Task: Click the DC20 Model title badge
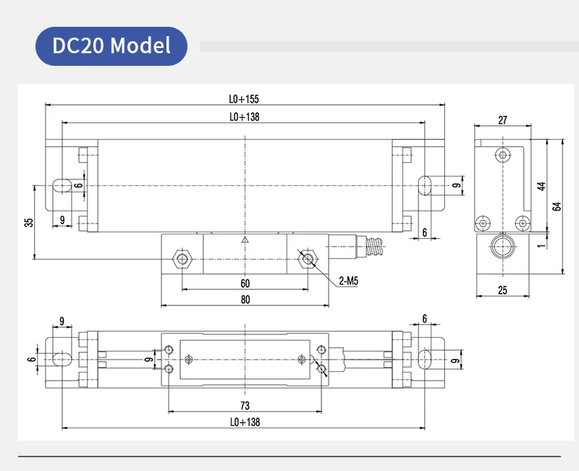pyautogui.click(x=111, y=46)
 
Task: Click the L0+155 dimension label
pyautogui.click(x=244, y=98)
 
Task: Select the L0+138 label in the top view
pyautogui.click(x=244, y=116)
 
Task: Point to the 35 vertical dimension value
pyautogui.click(x=28, y=222)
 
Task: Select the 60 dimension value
pyautogui.click(x=245, y=283)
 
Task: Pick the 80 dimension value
pyautogui.click(x=245, y=299)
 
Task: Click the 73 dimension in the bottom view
pyautogui.click(x=245, y=404)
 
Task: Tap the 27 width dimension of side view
pyautogui.click(x=503, y=120)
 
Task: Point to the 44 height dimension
pyautogui.click(x=540, y=186)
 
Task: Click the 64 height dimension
pyautogui.click(x=556, y=206)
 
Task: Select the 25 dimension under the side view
pyautogui.click(x=503, y=290)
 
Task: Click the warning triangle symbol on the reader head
pyautogui.click(x=245, y=240)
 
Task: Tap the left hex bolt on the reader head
pyautogui.click(x=182, y=259)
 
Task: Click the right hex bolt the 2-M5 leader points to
pyautogui.click(x=308, y=259)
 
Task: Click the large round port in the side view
pyautogui.click(x=502, y=248)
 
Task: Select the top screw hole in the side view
pyautogui.click(x=503, y=154)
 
